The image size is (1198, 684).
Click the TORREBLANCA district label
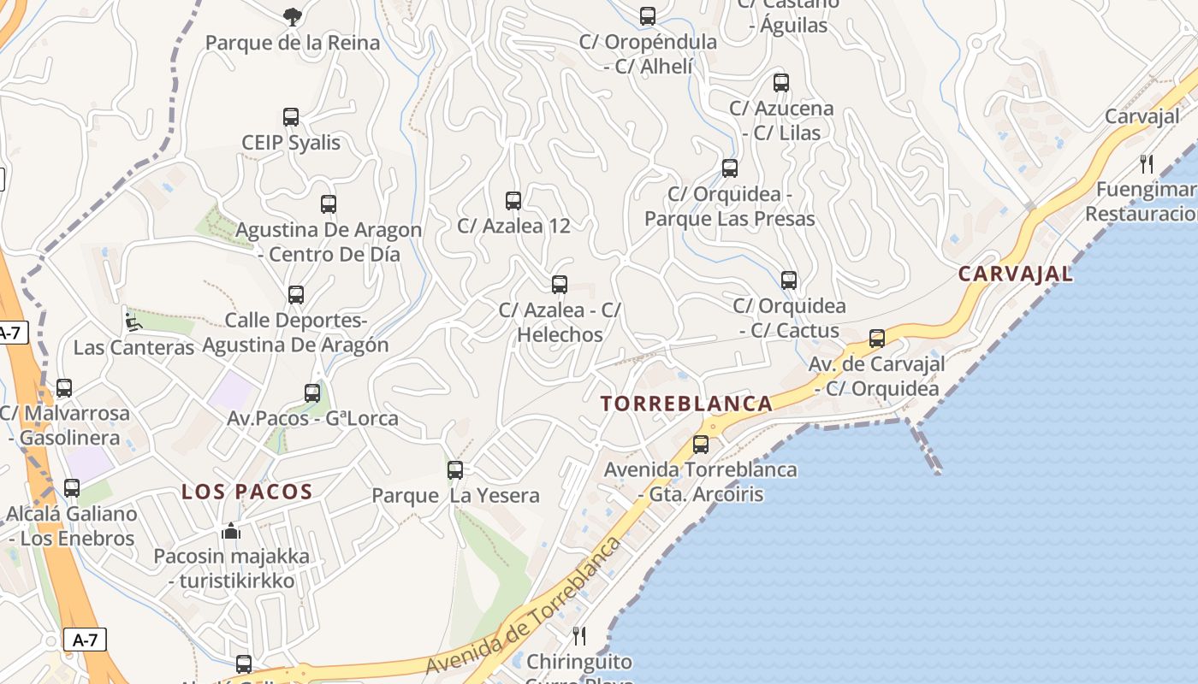(686, 404)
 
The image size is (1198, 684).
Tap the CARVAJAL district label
(1015, 274)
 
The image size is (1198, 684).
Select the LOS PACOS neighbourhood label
(246, 492)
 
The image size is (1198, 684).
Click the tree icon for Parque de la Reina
(293, 16)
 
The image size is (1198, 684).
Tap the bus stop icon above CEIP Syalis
(291, 117)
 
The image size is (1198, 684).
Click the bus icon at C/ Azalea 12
(513, 201)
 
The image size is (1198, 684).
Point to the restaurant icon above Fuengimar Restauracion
(1147, 163)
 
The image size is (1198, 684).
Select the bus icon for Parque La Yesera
(455, 470)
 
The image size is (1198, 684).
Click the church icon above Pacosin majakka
(231, 531)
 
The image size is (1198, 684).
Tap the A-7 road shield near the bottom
(85, 640)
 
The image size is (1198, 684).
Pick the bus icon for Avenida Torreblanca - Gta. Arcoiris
(701, 445)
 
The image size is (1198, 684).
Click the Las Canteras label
(133, 348)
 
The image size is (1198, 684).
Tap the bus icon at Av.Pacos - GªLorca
(312, 393)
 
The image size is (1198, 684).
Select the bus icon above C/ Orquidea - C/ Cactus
(789, 280)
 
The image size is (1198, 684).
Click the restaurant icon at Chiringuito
(579, 635)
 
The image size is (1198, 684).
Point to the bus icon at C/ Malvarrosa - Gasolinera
(64, 388)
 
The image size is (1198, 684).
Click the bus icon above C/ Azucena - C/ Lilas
(781, 83)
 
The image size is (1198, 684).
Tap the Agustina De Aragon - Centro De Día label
(329, 242)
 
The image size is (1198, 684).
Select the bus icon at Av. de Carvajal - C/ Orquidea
(877, 339)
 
